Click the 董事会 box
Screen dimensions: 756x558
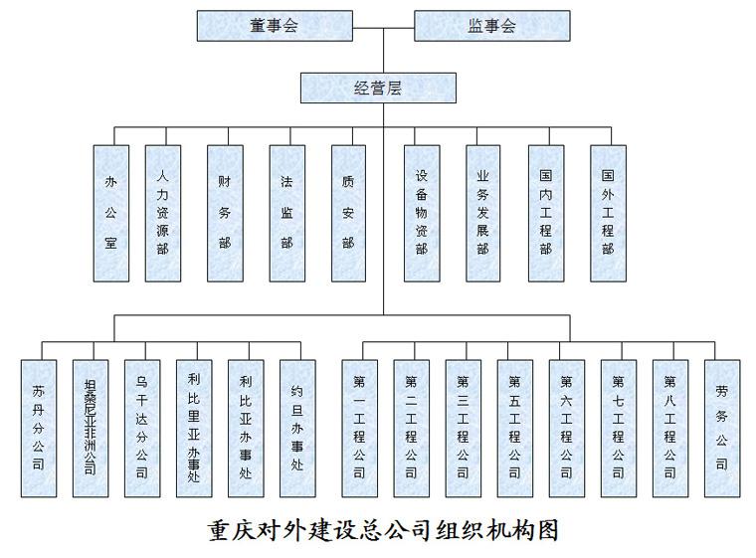click(x=275, y=26)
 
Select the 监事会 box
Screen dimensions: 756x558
click(x=492, y=26)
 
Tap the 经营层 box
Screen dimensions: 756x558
click(x=378, y=88)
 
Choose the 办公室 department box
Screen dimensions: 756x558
click(x=111, y=213)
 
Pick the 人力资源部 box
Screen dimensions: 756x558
click(x=163, y=213)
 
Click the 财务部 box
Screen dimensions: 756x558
click(x=225, y=213)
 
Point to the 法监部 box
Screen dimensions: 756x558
click(x=287, y=213)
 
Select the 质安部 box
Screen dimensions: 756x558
click(x=348, y=213)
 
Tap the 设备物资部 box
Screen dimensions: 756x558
click(x=422, y=213)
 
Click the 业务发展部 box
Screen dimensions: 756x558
click(x=483, y=213)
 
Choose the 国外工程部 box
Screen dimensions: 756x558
click(x=609, y=213)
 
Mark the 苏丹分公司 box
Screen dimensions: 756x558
click(x=39, y=429)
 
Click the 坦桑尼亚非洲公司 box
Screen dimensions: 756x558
click(x=91, y=429)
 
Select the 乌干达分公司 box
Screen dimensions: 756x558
click(x=142, y=429)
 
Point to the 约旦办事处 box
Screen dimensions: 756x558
click(x=298, y=429)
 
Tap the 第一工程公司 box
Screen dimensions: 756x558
click(x=360, y=429)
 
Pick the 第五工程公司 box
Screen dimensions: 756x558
click(x=515, y=429)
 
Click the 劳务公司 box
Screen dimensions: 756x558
click(x=722, y=429)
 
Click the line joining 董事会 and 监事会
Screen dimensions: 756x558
click(x=384, y=28)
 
